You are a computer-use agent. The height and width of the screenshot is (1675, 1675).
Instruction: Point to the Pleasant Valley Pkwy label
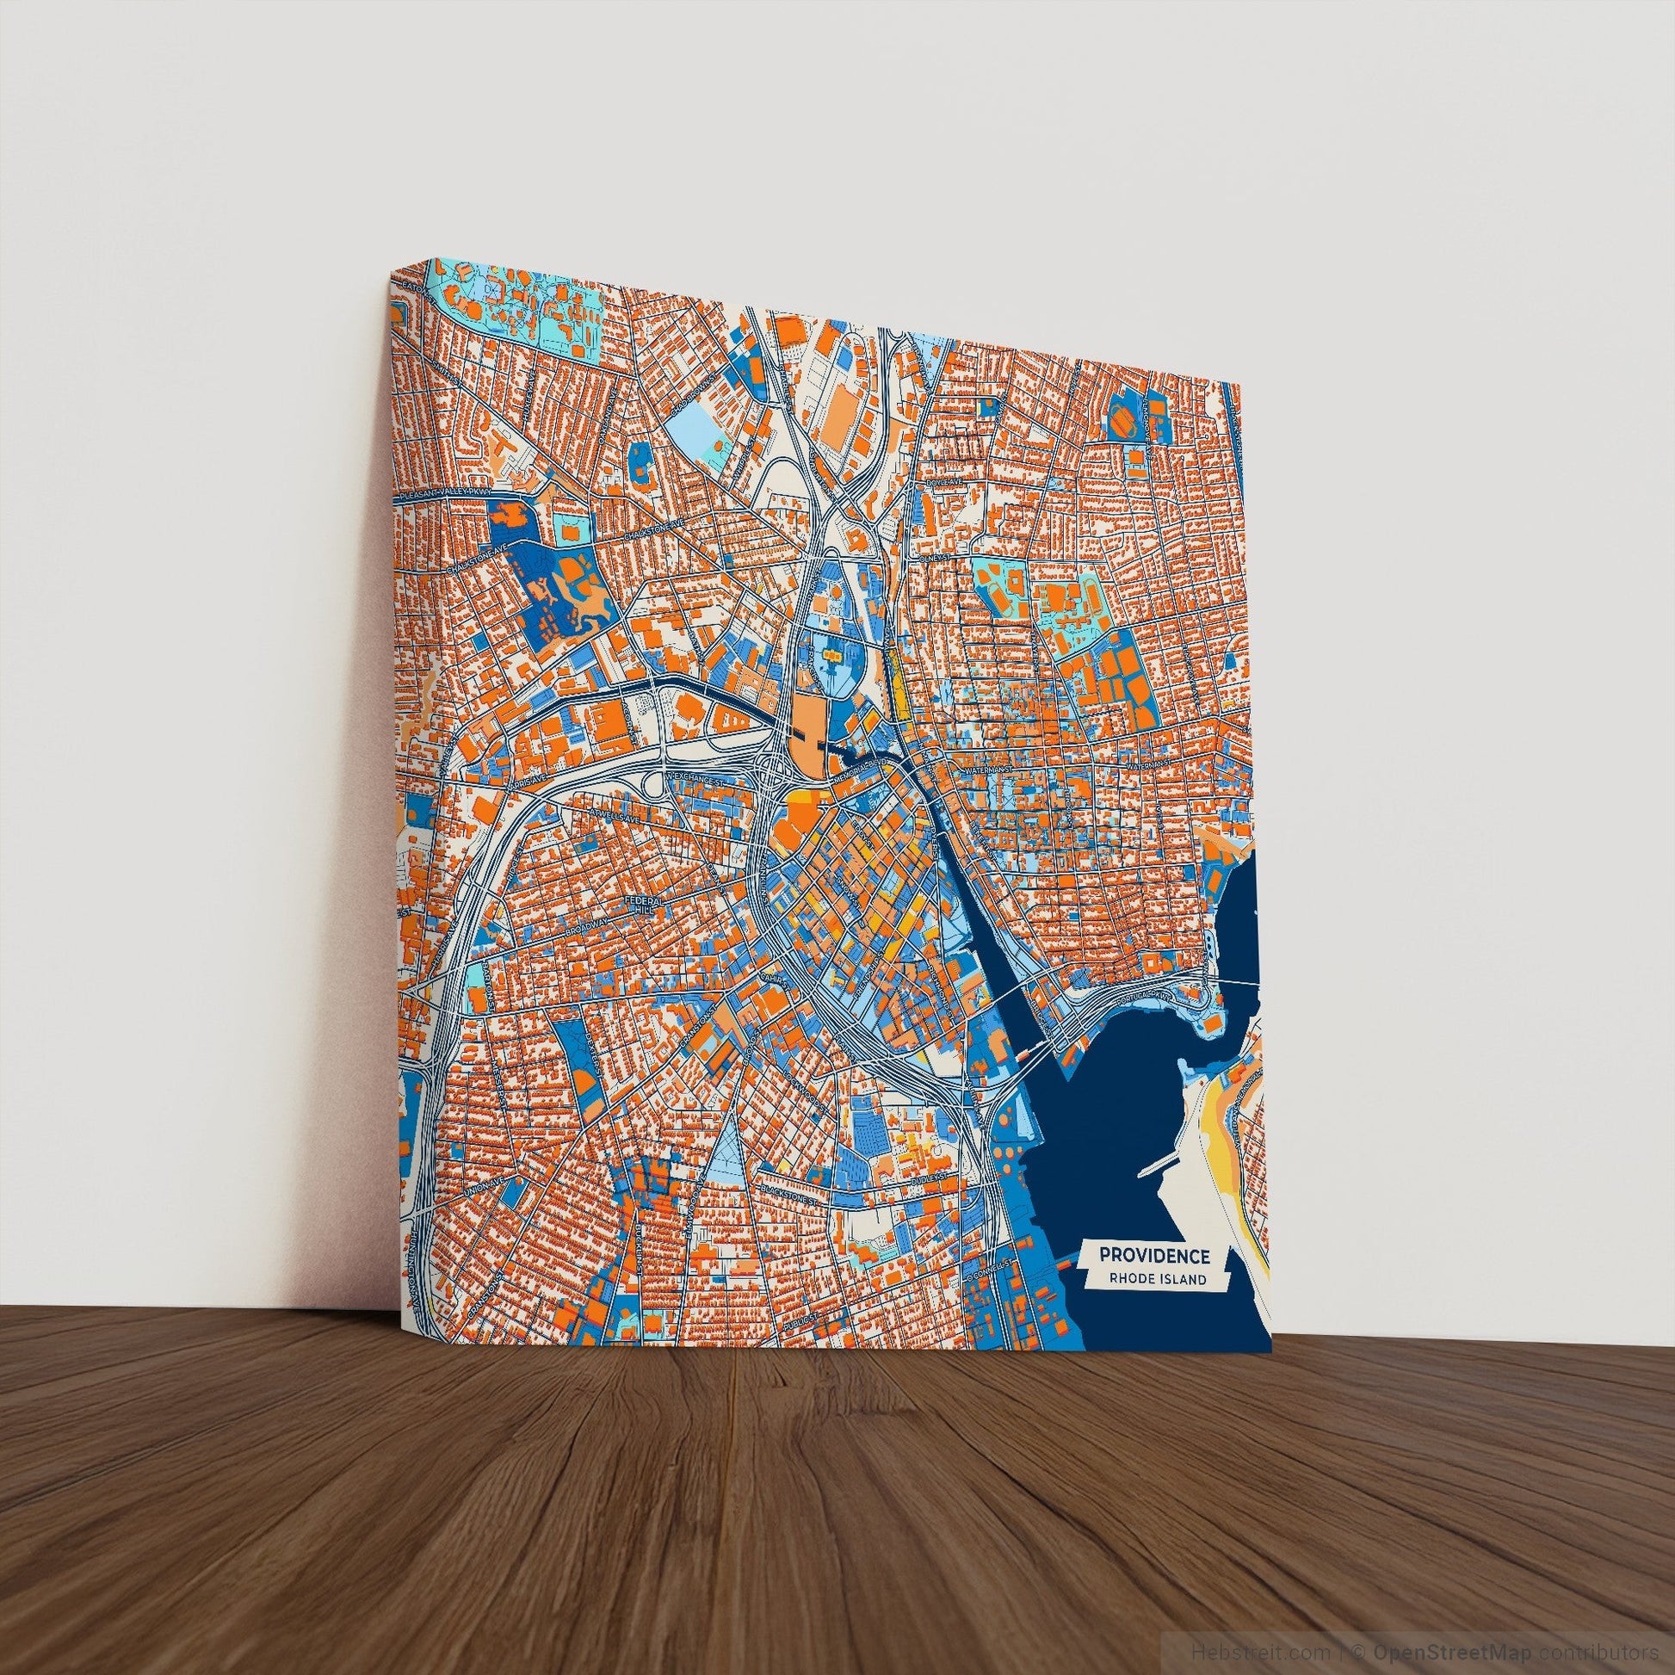[441, 494]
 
